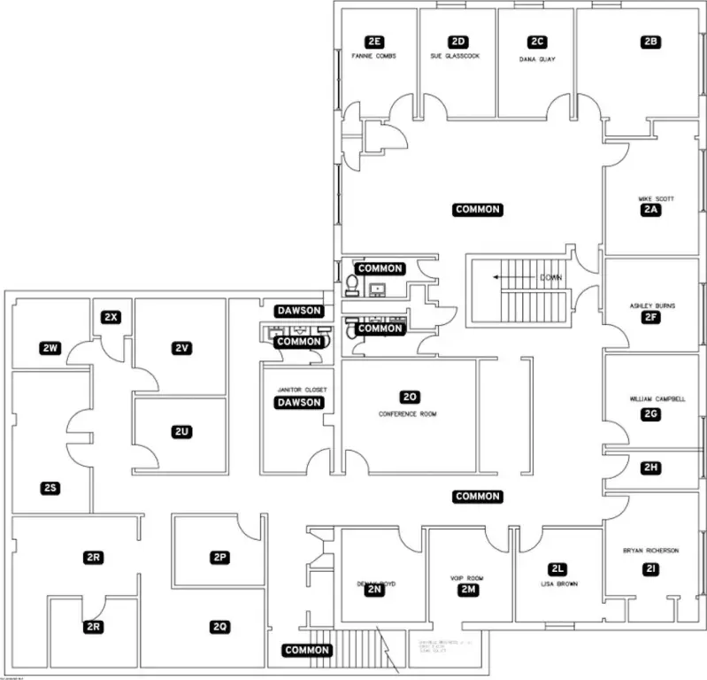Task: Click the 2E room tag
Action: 374,42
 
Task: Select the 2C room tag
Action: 537,42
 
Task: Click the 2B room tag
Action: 651,42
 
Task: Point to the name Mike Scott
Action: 656,198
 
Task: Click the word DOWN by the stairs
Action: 550,277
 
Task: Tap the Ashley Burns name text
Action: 652,305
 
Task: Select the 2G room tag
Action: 651,413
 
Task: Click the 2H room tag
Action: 651,467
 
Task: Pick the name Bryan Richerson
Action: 650,551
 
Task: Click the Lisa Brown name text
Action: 557,584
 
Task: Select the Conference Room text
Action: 408,413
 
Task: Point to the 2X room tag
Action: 111,317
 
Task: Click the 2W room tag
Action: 50,348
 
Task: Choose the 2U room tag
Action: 181,431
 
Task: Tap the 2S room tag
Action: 50,488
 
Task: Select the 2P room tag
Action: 220,557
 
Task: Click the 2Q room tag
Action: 220,627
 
